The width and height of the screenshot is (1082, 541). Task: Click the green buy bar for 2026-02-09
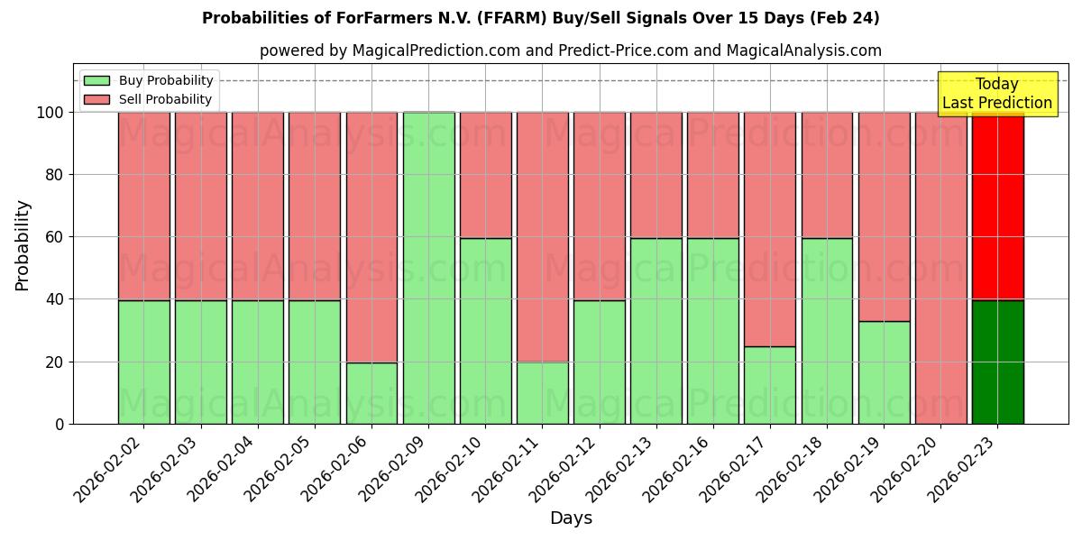(428, 268)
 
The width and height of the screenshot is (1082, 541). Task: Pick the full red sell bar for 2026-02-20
(940, 268)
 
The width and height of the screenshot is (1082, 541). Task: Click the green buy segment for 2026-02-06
(371, 393)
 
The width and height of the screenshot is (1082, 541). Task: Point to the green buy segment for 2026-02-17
(770, 385)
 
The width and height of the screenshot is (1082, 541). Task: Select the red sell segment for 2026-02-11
(542, 236)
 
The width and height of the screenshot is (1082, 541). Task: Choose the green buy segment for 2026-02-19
(884, 372)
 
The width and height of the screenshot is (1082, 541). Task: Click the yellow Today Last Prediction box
(997, 94)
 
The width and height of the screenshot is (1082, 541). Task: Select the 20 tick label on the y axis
(55, 362)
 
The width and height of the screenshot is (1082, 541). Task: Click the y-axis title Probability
(23, 245)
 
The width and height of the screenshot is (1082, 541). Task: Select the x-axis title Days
(571, 518)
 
